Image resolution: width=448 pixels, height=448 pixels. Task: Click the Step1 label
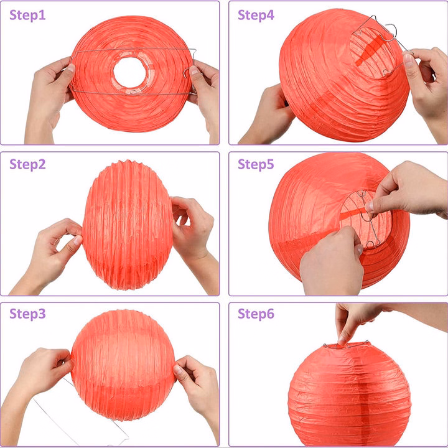27,15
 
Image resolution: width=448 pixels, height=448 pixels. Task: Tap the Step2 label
27,164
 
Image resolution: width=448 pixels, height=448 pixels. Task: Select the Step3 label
27,314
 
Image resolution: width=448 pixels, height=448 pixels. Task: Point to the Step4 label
256,15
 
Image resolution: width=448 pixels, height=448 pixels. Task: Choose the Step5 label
256,164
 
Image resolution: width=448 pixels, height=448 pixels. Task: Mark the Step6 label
256,314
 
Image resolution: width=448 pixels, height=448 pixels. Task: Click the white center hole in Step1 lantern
129,72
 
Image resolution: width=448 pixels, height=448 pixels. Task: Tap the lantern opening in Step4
373,53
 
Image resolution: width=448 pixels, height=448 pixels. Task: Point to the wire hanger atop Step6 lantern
347,345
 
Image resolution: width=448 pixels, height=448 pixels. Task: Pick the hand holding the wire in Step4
426,91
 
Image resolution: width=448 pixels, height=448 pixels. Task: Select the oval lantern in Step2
128,225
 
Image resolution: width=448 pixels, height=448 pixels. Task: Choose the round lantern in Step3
123,365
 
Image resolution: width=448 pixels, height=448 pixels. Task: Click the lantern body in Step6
349,396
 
